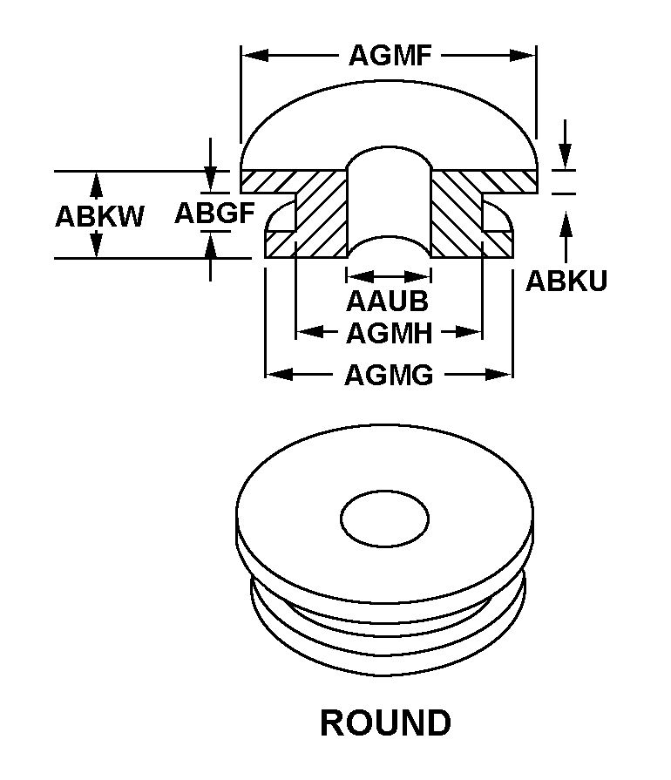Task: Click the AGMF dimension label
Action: (390, 56)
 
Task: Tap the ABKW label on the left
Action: (99, 215)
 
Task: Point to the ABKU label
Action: (566, 281)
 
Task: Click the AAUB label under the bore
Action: (387, 302)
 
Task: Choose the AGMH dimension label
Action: (389, 332)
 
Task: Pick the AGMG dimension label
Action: (389, 376)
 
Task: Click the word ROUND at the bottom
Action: (386, 722)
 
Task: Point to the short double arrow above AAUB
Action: (389, 276)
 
